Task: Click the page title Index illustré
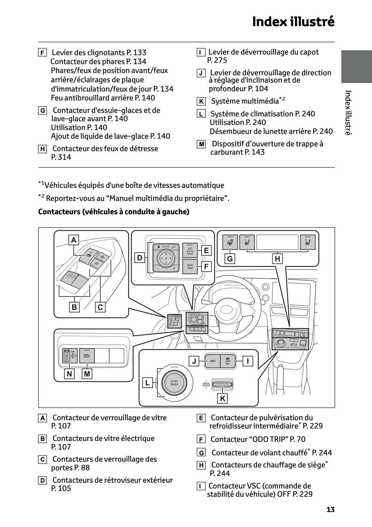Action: [x=293, y=22]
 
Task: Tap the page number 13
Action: [x=330, y=509]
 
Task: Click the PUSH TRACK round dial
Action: [x=174, y=383]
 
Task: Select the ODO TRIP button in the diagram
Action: [x=190, y=267]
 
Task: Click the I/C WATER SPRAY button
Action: [x=190, y=251]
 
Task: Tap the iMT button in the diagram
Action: [x=213, y=361]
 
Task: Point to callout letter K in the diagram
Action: [x=223, y=398]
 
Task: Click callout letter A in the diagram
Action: [x=74, y=240]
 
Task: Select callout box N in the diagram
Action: [x=69, y=373]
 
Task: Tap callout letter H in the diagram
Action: [x=277, y=259]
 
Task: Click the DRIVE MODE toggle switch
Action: [x=222, y=385]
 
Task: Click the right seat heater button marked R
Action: [x=307, y=242]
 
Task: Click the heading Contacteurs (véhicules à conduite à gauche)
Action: [x=114, y=212]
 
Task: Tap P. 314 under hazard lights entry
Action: [x=61, y=157]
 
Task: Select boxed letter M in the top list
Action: [x=201, y=144]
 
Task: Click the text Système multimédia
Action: [x=245, y=101]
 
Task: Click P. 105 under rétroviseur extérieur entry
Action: [x=61, y=488]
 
